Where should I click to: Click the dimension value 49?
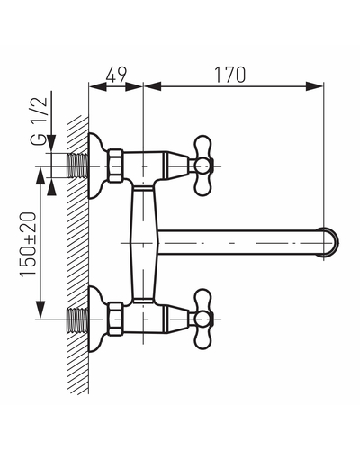tap(117, 75)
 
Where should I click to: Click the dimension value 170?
tap(229, 75)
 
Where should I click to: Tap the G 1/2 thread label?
tap(40, 121)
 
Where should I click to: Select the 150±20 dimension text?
tap(28, 244)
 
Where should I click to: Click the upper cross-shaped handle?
tap(203, 166)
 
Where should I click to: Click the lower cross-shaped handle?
tap(203, 319)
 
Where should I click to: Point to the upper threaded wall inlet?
tap(77, 166)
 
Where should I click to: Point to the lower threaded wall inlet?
tap(77, 319)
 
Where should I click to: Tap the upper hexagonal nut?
tap(116, 166)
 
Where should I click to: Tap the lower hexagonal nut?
tap(116, 319)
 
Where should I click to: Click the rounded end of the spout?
tap(331, 242)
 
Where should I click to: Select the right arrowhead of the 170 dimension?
tap(314, 86)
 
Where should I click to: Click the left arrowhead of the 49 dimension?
tap(98, 86)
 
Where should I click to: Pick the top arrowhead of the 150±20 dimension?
tap(40, 176)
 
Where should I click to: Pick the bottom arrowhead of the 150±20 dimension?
tap(40, 310)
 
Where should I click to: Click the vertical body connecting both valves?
tap(143, 242)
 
